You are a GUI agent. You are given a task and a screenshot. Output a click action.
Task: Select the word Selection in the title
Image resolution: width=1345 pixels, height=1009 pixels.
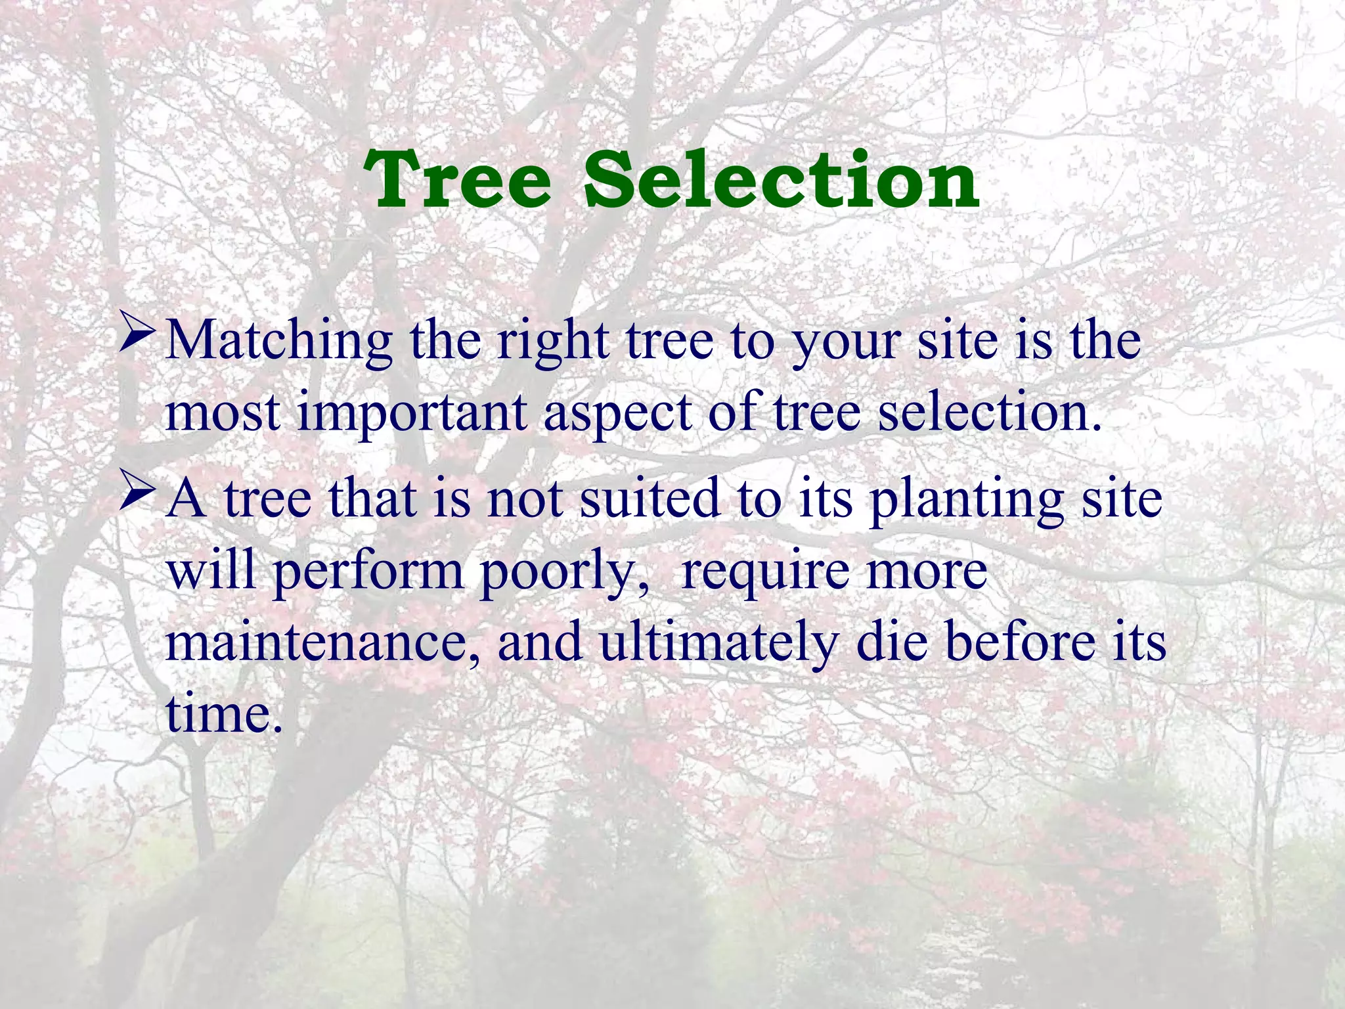[x=781, y=179]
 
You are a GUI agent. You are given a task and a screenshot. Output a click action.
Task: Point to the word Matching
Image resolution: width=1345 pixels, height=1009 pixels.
[x=279, y=342]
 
